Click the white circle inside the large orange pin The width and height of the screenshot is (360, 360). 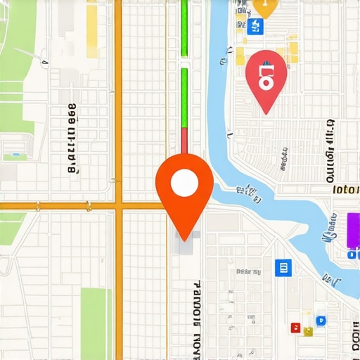(x=184, y=183)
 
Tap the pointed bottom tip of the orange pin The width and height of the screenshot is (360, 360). (x=184, y=240)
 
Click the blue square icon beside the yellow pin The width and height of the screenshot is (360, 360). (x=255, y=27)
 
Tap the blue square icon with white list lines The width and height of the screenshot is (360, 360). (x=282, y=266)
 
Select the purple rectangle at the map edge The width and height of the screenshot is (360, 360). (x=353, y=231)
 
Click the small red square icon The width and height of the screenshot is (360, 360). (x=295, y=328)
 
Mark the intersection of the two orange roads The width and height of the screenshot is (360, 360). (x=118, y=206)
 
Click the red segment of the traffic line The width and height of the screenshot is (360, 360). (x=184, y=141)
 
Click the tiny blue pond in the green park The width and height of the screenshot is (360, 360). (x=14, y=153)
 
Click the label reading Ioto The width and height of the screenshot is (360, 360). (x=345, y=189)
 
